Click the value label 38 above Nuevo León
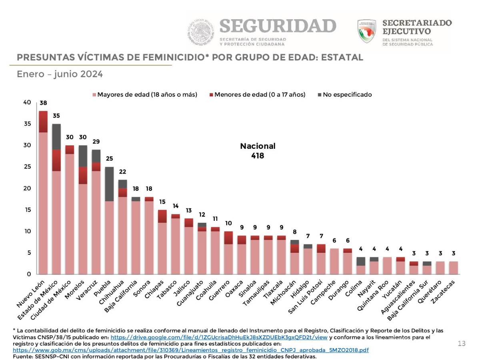[x=43, y=103]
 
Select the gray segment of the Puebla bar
[x=109, y=184]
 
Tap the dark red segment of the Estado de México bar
[x=56, y=160]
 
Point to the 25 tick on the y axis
[x=27, y=167]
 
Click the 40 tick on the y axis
[x=27, y=102]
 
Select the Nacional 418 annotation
[x=258, y=151]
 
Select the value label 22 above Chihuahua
[x=122, y=172]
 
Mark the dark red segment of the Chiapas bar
[x=162, y=216]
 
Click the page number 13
[x=462, y=344]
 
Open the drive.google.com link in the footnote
[x=219, y=337]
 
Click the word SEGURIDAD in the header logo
[x=278, y=26]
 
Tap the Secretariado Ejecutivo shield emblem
[x=367, y=31]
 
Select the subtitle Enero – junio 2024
[x=60, y=74]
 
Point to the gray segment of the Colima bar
[x=360, y=261]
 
